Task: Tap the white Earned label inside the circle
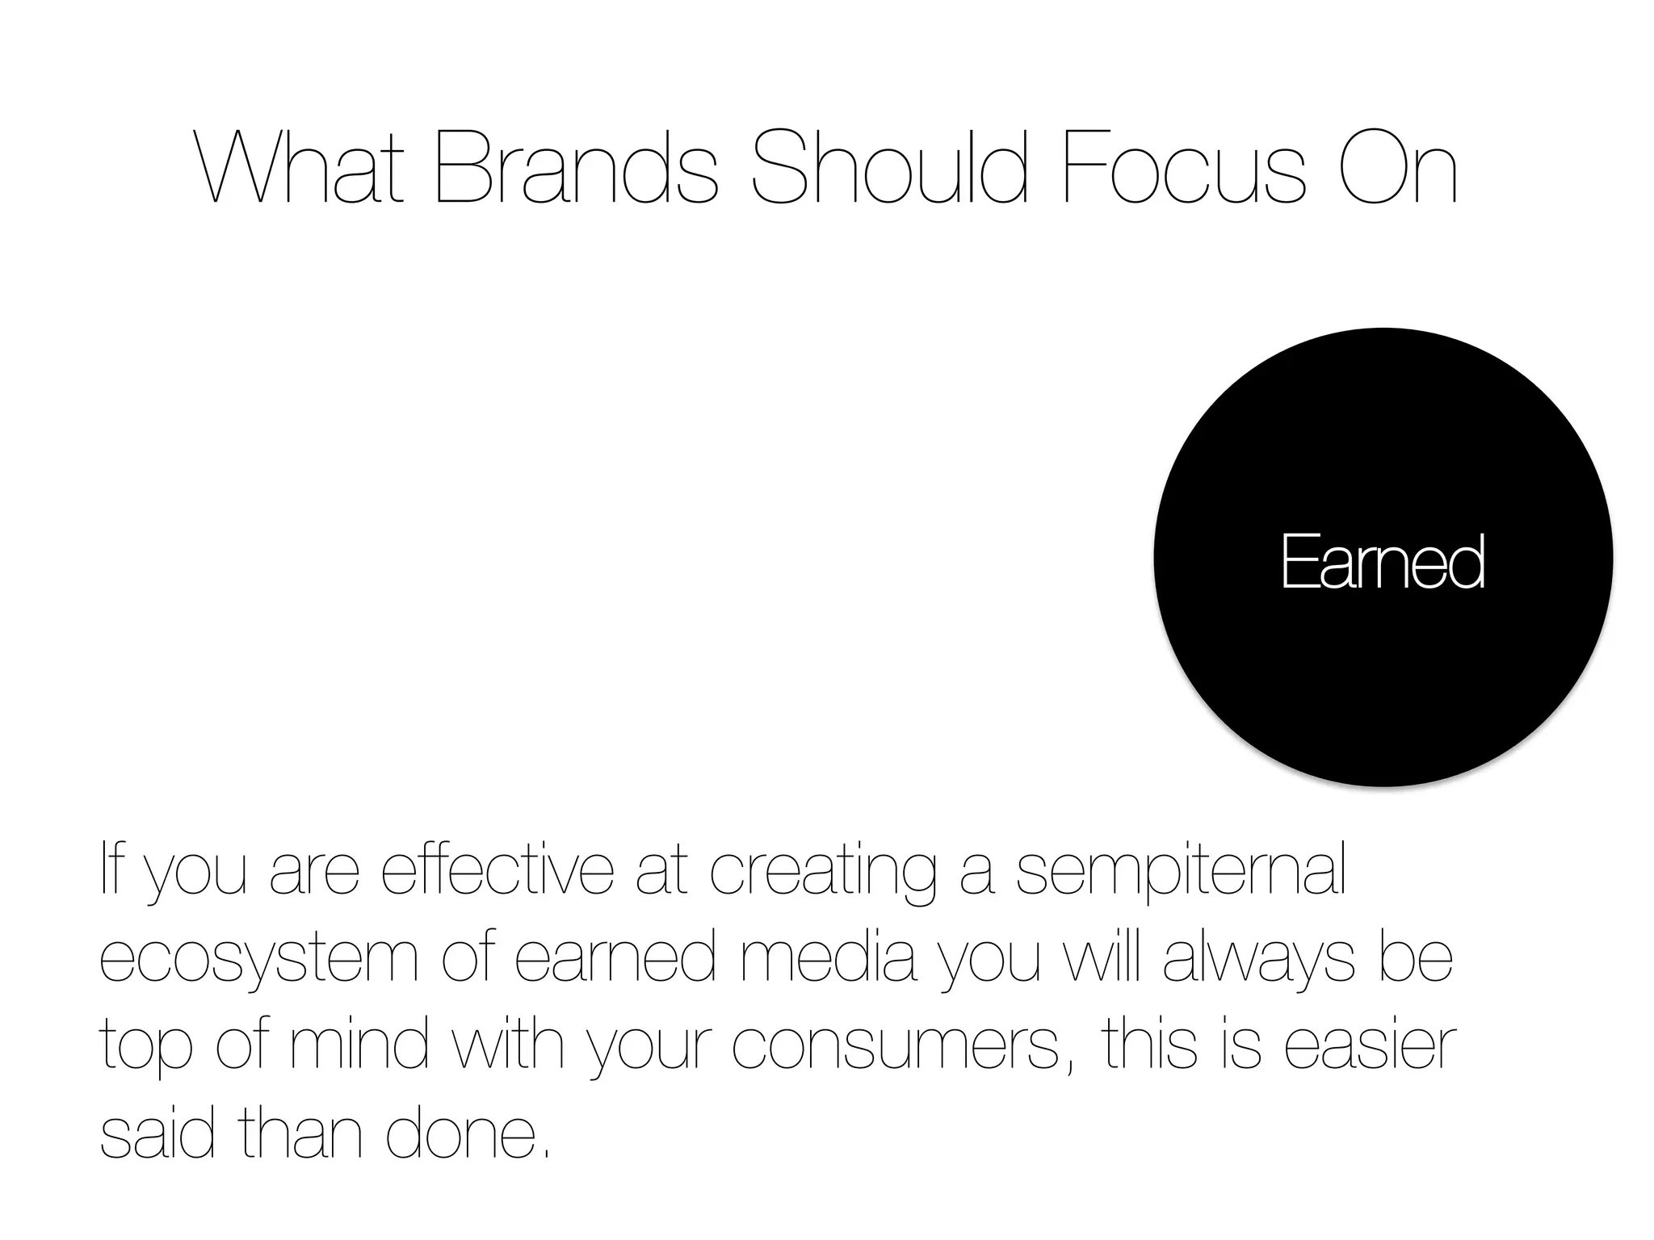pyautogui.click(x=1383, y=562)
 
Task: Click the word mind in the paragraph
pyautogui.click(x=359, y=1045)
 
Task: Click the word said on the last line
pyautogui.click(x=157, y=1133)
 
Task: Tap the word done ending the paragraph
pyautogui.click(x=460, y=1133)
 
